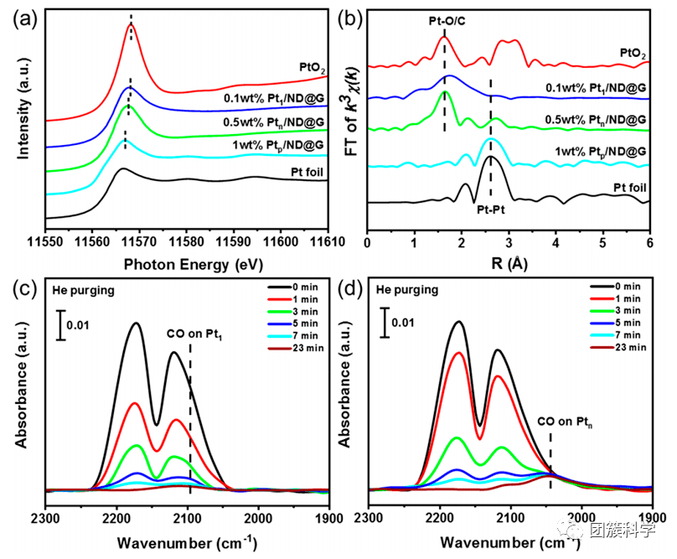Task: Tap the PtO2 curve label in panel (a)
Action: click(309, 66)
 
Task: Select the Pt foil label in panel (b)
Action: click(631, 188)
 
